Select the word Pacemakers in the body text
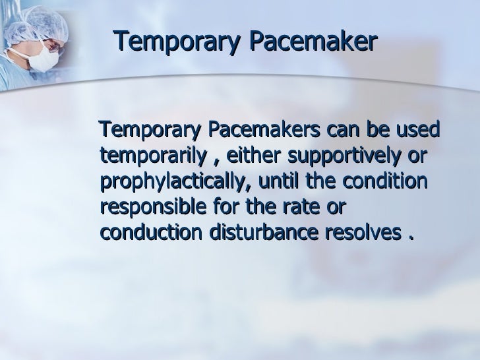tap(264, 131)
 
